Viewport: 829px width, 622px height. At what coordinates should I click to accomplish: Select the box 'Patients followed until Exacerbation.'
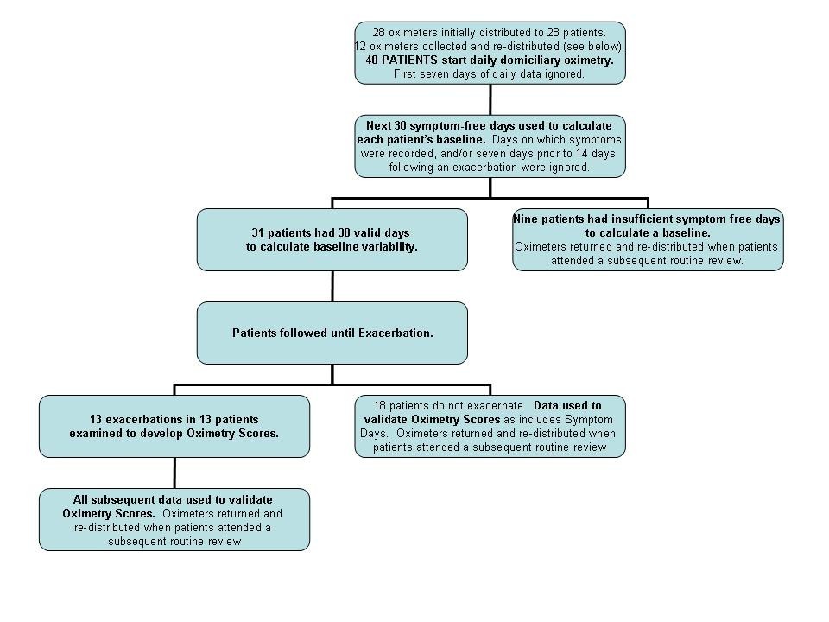point(332,333)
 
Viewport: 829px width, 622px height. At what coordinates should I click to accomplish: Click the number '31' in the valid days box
point(258,232)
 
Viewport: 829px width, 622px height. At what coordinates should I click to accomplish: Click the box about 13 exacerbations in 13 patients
point(174,426)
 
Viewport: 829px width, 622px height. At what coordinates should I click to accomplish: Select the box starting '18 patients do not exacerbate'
point(490,426)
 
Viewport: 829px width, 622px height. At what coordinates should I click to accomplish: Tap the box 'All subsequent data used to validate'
point(174,519)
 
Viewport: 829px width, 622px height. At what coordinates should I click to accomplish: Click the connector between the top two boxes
point(490,99)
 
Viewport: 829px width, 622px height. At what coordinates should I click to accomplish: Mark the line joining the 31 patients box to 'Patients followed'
point(332,286)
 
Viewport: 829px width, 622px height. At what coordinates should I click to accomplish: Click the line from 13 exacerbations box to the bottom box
point(174,473)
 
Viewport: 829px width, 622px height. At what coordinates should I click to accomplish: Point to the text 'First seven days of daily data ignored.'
point(489,73)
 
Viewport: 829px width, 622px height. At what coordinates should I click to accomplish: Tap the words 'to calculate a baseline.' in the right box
point(648,233)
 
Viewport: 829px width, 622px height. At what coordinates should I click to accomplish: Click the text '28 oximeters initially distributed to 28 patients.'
point(489,32)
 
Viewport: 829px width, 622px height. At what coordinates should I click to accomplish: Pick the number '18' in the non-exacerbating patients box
point(379,405)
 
